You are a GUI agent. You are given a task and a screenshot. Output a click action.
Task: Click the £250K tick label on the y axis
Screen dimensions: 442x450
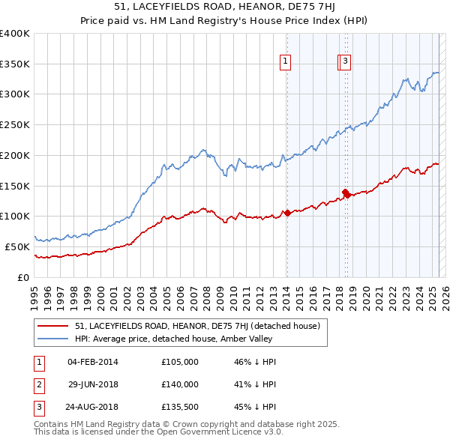click(x=15, y=124)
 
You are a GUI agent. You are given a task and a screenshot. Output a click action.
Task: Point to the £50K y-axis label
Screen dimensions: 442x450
click(x=17, y=246)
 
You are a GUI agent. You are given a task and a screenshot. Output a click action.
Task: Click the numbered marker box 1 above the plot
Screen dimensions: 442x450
click(x=286, y=62)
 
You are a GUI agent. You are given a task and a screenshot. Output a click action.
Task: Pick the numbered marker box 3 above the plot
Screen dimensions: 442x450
click(x=345, y=62)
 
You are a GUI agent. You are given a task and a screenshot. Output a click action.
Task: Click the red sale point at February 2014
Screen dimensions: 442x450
click(x=287, y=213)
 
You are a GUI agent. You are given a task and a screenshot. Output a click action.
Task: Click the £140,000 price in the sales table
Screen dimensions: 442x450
click(x=180, y=384)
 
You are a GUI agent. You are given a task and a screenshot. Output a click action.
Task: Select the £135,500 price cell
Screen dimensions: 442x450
click(x=180, y=408)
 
